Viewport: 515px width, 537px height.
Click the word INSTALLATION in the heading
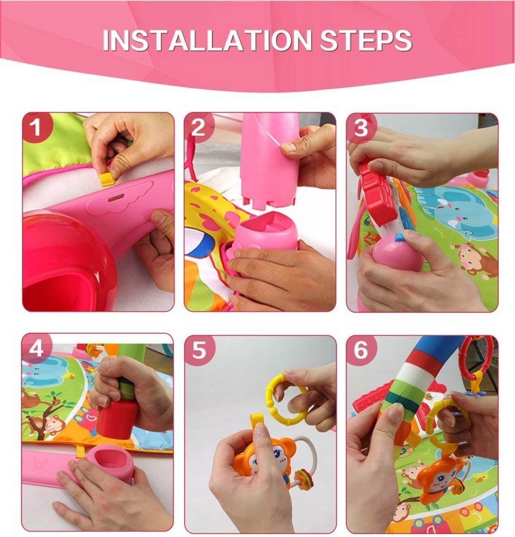[x=207, y=40]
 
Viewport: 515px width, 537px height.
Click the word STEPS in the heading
[x=366, y=40]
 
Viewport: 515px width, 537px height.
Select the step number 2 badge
[x=198, y=128]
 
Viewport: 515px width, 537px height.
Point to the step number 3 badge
[x=361, y=128]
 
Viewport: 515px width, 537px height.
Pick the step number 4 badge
[x=36, y=349]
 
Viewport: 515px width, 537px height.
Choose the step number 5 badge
[x=199, y=351]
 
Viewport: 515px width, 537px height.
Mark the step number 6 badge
[x=361, y=351]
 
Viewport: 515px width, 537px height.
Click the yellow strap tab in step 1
[x=108, y=180]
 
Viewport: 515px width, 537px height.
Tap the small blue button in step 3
[x=399, y=237]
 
